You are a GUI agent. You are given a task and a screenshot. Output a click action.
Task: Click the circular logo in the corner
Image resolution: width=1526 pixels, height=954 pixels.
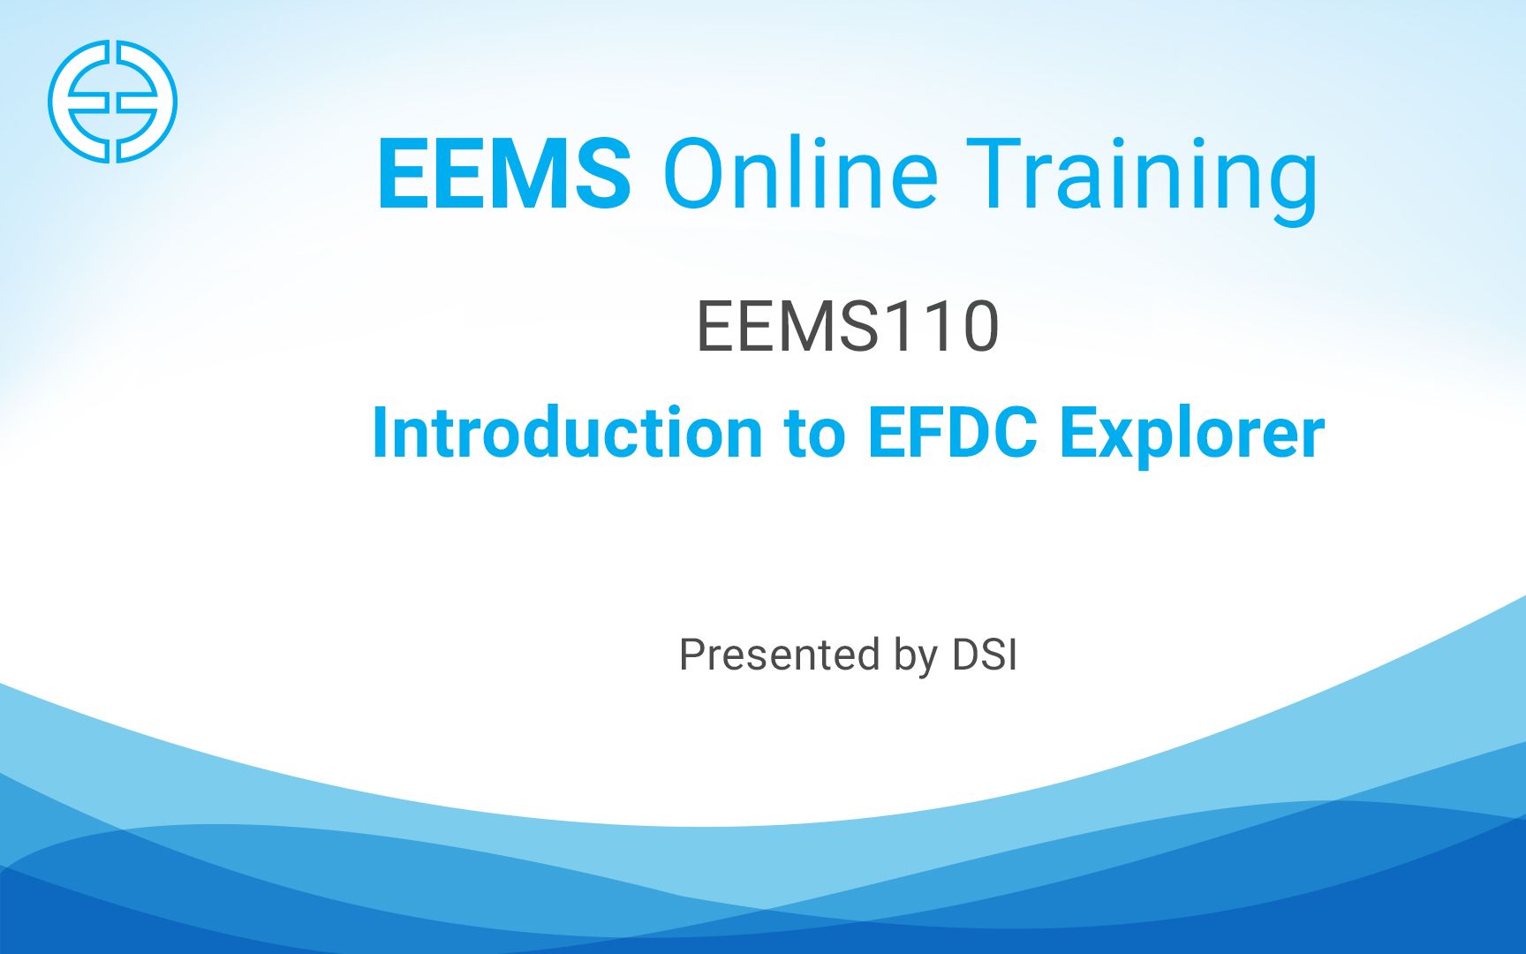click(112, 101)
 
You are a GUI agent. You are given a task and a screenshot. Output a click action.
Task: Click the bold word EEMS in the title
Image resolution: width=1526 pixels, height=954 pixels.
click(504, 174)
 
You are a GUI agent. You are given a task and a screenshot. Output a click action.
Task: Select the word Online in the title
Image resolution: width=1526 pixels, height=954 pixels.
click(800, 174)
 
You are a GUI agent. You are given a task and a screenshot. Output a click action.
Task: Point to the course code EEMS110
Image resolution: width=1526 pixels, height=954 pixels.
click(848, 327)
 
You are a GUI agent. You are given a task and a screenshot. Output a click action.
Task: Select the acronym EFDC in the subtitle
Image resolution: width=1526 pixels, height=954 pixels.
click(952, 433)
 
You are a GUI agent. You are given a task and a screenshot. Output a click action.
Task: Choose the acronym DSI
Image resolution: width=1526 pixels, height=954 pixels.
click(985, 655)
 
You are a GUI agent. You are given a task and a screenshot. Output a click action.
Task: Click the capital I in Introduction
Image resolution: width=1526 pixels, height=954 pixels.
click(380, 433)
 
